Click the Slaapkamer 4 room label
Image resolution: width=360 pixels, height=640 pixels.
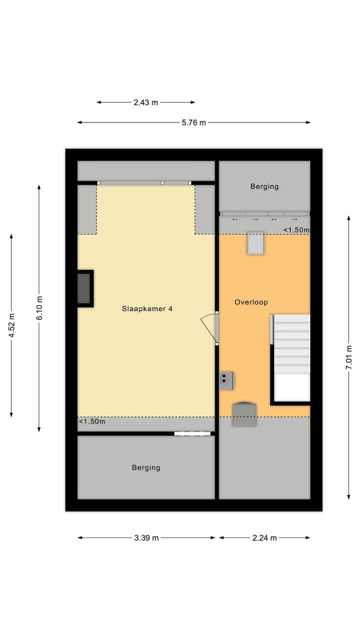(x=147, y=309)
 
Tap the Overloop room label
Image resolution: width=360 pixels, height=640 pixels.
(x=251, y=302)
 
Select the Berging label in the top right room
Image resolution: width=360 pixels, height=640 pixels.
(x=264, y=186)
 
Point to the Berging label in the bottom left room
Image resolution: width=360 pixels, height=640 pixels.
(x=146, y=467)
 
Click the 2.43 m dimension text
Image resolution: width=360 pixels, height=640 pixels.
(x=145, y=102)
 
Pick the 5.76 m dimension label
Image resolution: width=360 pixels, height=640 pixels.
(x=193, y=122)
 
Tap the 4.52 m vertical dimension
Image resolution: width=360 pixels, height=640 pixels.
(x=11, y=325)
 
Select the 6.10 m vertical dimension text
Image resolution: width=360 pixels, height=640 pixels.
(x=39, y=308)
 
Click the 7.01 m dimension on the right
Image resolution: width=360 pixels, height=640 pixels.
(x=349, y=356)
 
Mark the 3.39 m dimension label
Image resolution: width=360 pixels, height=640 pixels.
(x=146, y=538)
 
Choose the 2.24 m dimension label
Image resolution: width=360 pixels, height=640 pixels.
(x=264, y=538)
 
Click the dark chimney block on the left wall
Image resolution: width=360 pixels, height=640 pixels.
(x=84, y=288)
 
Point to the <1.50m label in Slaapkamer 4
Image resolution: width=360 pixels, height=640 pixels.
(x=92, y=421)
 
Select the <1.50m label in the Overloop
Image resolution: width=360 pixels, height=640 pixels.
(x=296, y=230)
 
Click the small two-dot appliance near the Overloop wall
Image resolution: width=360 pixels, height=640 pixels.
(x=226, y=380)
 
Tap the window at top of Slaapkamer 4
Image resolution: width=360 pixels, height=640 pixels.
(x=144, y=183)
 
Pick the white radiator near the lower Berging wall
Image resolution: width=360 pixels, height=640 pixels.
(x=192, y=434)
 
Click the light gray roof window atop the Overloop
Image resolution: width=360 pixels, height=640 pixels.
(x=255, y=243)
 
